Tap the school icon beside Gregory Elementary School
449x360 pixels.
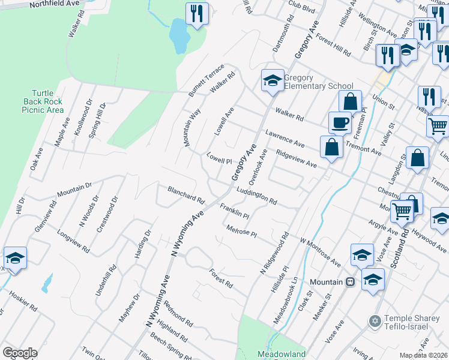pyautogui.click(x=272, y=81)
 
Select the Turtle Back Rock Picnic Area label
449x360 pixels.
pyautogui.click(x=42, y=101)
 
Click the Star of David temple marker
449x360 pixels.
pyautogui.click(x=375, y=322)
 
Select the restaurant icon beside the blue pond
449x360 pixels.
pyautogui.click(x=197, y=13)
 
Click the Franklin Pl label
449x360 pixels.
pyautogui.click(x=234, y=212)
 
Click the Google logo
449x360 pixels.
pyautogui.click(x=19, y=353)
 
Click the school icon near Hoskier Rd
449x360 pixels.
pyautogui.click(x=15, y=259)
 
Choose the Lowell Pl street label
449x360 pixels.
pyautogui.click(x=219, y=160)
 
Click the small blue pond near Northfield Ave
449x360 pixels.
pyautogui.click(x=179, y=35)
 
